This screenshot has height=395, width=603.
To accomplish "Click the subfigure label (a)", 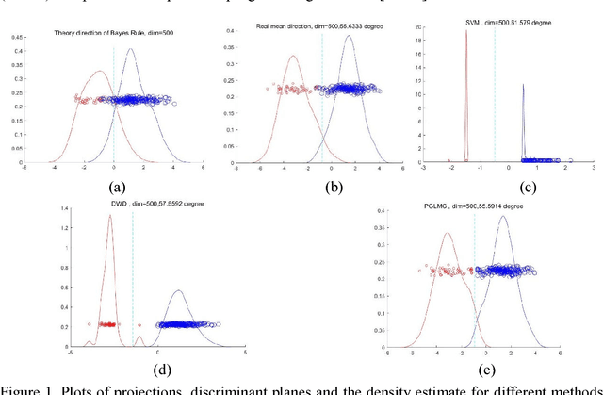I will [x=117, y=186].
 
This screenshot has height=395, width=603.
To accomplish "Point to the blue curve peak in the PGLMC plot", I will [x=503, y=217].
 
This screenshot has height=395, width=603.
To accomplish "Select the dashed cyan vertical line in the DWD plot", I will [x=133, y=283].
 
